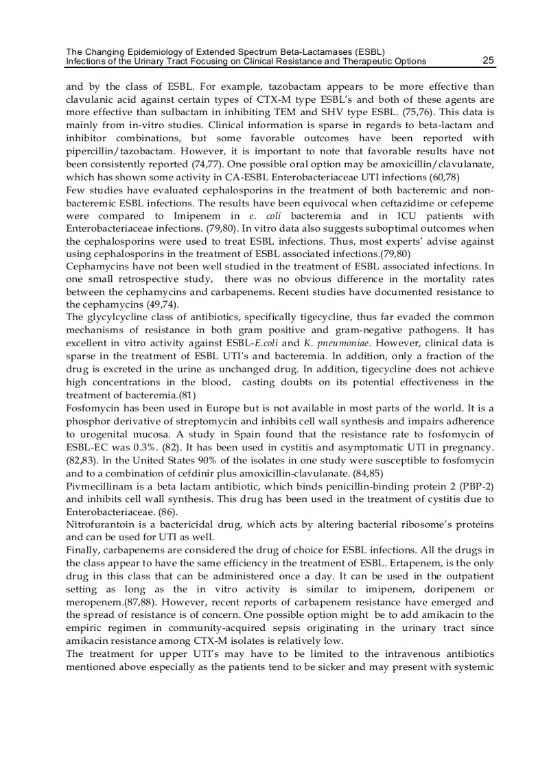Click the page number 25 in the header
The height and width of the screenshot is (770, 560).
tap(488, 60)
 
